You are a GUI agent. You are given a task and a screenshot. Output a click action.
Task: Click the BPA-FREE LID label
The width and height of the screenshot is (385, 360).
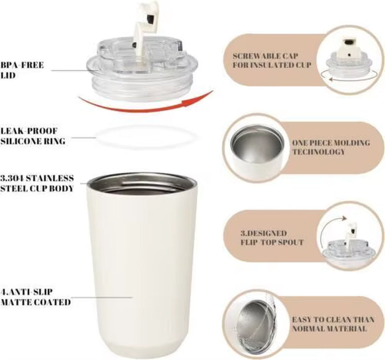pos(24,70)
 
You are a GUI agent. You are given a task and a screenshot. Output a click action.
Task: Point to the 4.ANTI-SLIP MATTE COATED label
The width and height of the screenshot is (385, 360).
pos(35,297)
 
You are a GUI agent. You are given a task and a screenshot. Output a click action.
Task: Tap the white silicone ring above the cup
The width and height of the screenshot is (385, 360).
pos(142,136)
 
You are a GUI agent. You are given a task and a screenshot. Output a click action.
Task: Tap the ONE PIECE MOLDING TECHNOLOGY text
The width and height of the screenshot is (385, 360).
pos(330,147)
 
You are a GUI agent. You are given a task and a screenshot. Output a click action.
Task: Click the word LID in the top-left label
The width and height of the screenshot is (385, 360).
pos(9,75)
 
